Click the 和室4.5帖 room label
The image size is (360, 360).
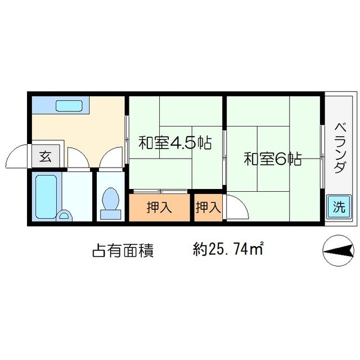[175, 143]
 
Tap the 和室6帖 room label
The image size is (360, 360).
[273, 159]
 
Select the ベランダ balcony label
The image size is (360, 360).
[339, 148]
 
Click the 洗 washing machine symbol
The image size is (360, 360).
[338, 206]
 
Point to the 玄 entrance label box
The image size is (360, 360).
[45, 157]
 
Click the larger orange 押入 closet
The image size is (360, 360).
[160, 208]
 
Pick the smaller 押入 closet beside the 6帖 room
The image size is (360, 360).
[208, 208]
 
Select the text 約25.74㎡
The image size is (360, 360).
[228, 249]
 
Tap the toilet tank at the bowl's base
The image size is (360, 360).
[110, 214]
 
